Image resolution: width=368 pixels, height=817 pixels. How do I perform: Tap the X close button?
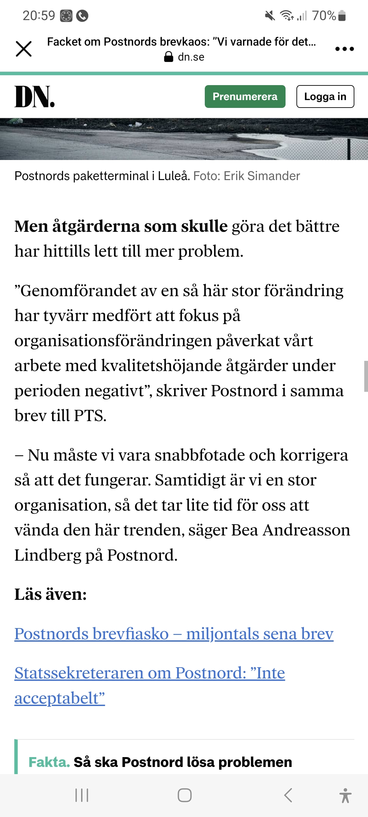click(24, 49)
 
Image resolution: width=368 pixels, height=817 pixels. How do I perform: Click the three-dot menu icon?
click(344, 49)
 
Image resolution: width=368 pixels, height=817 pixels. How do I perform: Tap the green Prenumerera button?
click(245, 97)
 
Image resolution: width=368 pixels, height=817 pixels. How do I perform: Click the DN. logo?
click(34, 97)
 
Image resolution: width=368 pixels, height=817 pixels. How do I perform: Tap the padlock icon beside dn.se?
click(169, 57)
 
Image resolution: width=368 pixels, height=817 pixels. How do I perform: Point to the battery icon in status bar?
click(342, 16)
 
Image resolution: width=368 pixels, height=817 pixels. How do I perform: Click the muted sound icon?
click(270, 16)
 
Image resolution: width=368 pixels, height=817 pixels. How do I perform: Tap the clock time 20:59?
click(39, 16)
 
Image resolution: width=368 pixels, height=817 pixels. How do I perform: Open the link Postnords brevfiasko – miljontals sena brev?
click(174, 634)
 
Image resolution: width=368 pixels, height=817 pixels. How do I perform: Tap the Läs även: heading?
click(50, 594)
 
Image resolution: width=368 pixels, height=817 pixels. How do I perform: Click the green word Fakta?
click(49, 762)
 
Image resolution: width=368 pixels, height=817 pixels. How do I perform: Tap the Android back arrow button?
click(288, 795)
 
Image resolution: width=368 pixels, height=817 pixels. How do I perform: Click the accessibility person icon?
click(345, 795)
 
